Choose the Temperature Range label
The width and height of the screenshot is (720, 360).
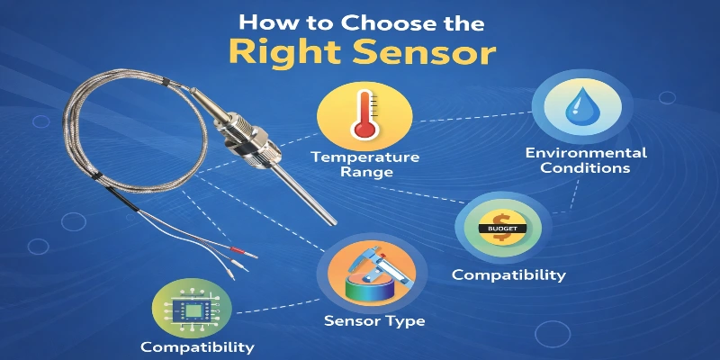point(365,164)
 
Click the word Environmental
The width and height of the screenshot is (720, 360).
point(578,152)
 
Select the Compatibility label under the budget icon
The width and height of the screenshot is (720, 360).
point(508,274)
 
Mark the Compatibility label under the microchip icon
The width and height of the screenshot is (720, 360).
point(197,346)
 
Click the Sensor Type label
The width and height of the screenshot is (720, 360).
point(375,319)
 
